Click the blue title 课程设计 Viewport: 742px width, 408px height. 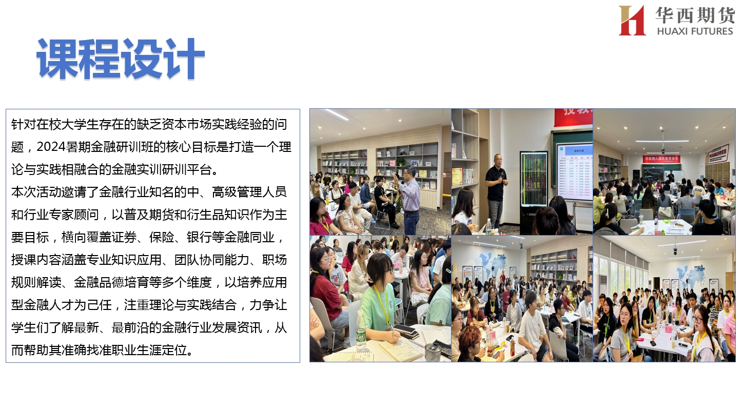[121, 59]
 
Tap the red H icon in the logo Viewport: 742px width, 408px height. [632, 20]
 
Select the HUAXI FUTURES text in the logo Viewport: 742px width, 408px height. [695, 31]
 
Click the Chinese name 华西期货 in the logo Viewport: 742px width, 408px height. [695, 15]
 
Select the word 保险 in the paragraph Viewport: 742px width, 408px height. [162, 237]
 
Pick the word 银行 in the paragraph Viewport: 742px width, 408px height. [199, 237]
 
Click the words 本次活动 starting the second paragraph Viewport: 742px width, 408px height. [36, 192]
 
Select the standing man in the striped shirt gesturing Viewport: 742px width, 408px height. [408, 199]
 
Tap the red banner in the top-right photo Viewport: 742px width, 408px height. [661, 159]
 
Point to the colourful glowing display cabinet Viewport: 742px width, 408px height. [534, 179]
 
